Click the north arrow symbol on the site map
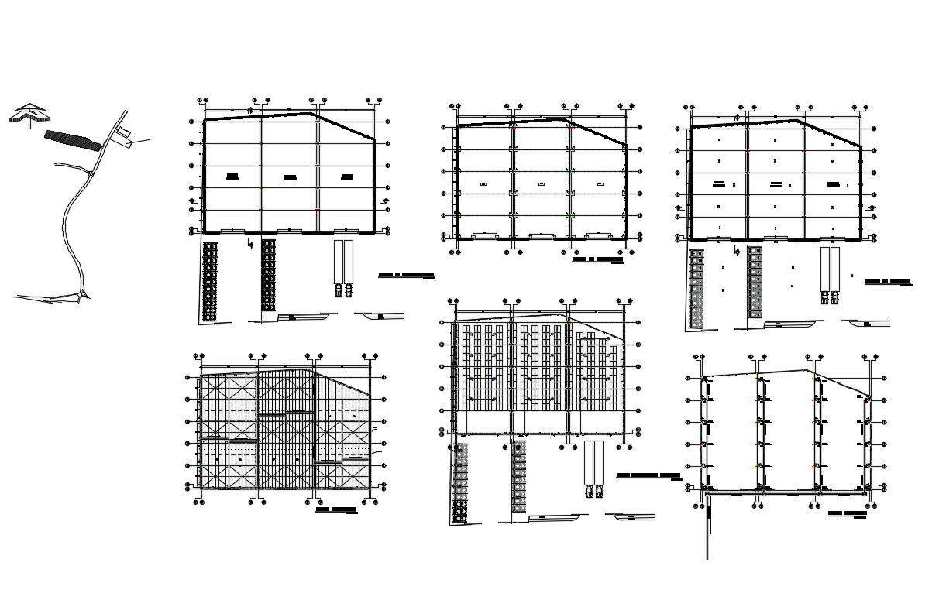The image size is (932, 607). click(x=29, y=115)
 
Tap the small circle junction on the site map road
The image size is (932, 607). click(x=91, y=173)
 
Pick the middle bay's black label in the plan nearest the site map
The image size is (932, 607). click(x=290, y=177)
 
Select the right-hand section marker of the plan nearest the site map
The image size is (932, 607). click(x=385, y=203)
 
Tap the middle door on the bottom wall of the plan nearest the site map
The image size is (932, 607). click(x=290, y=230)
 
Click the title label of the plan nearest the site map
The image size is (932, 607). click(x=406, y=275)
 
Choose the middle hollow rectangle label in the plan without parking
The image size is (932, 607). click(x=541, y=183)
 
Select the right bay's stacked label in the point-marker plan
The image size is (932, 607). click(x=833, y=185)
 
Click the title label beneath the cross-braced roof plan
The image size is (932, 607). click(x=336, y=510)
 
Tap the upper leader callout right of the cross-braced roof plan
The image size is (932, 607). click(x=374, y=428)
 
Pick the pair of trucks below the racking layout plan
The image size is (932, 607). click(x=594, y=469)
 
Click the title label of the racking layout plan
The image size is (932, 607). click(x=648, y=475)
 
